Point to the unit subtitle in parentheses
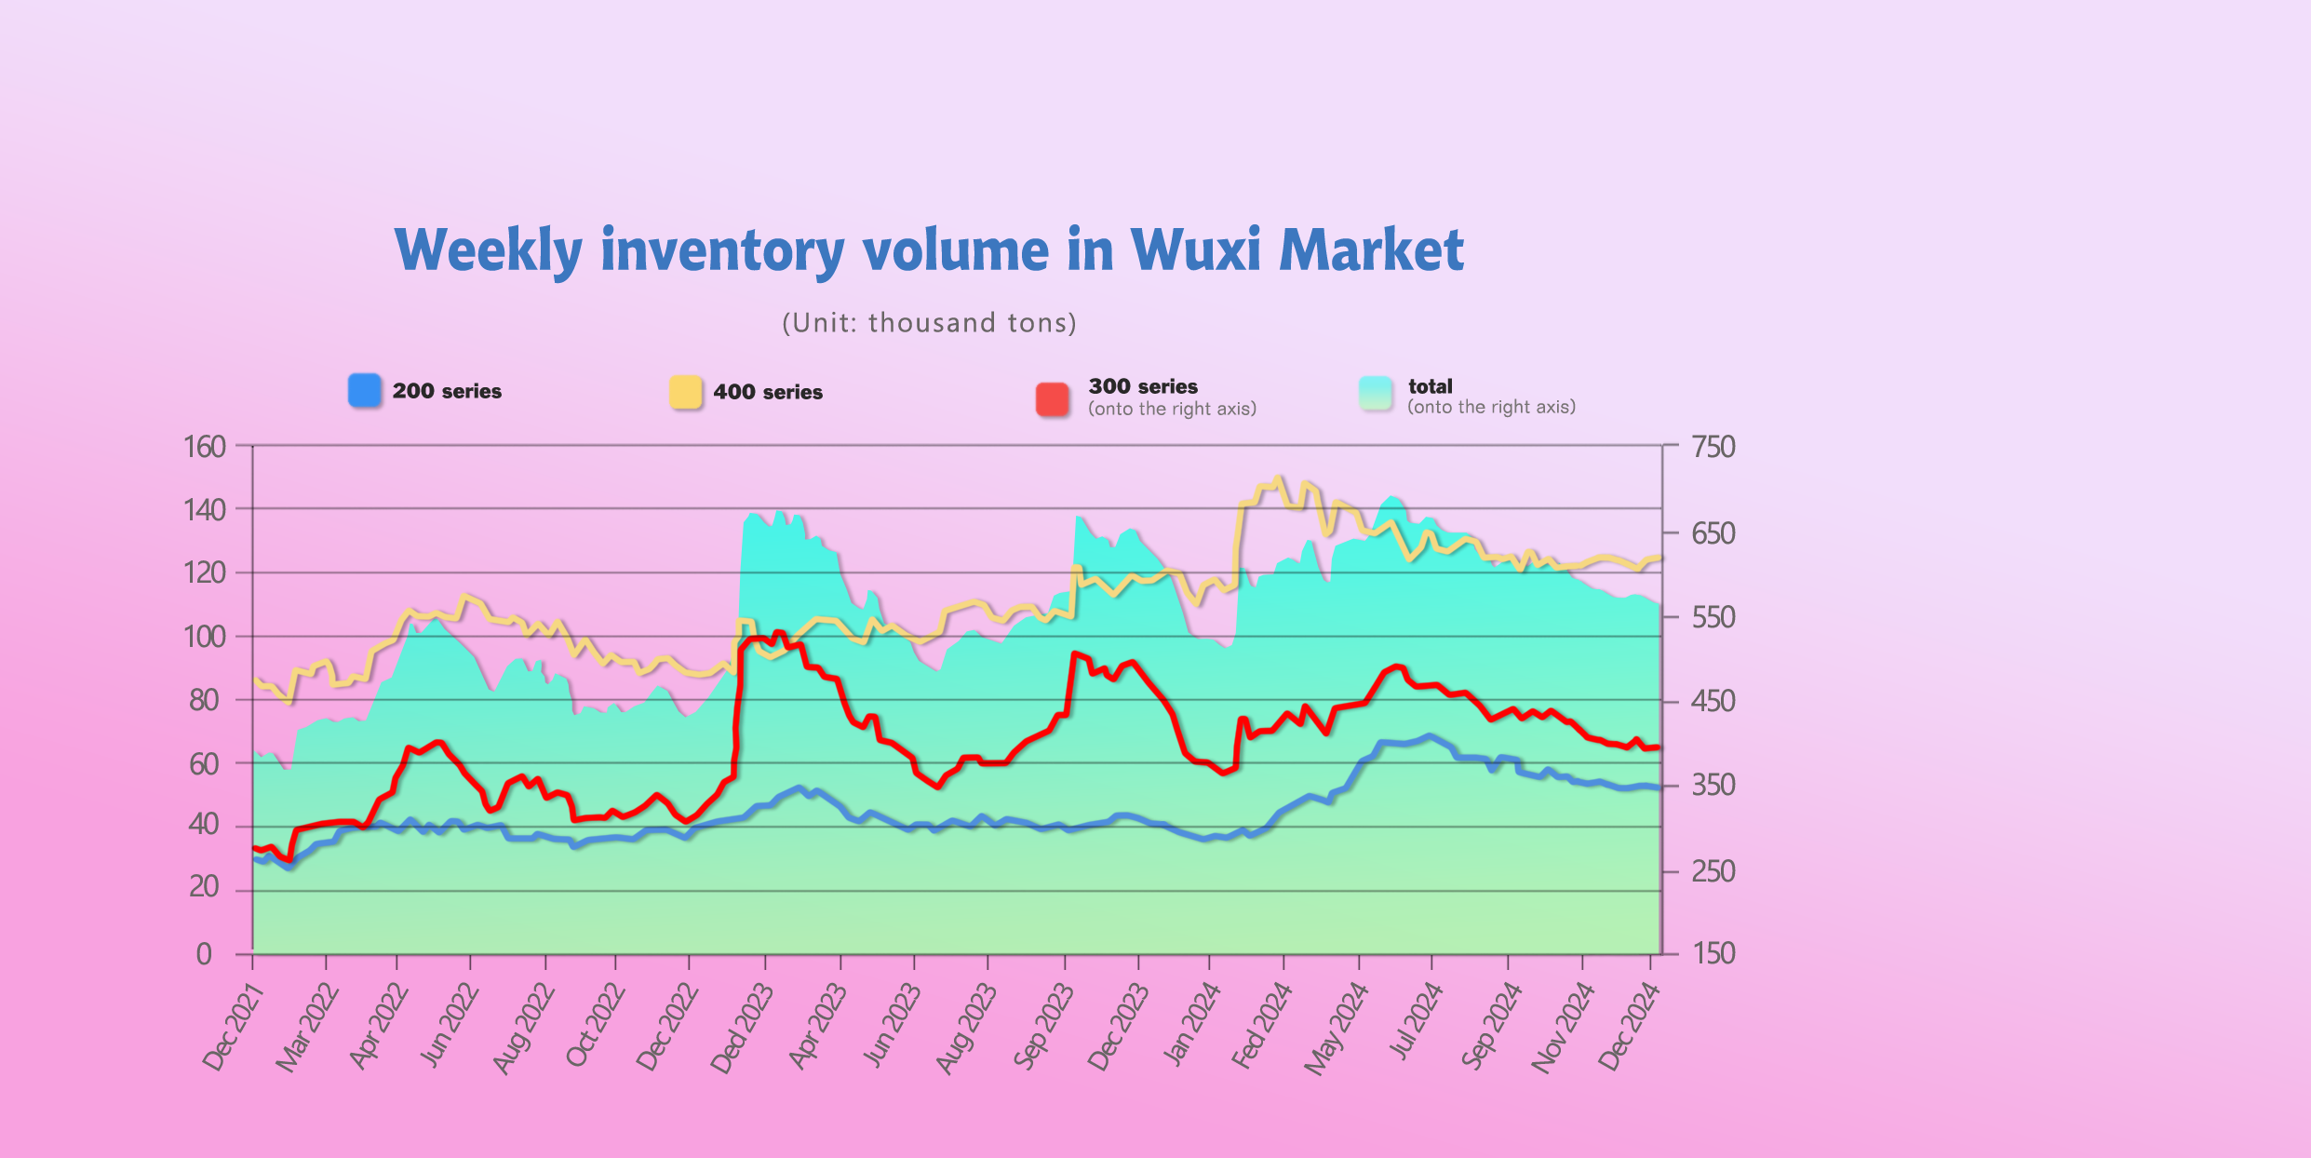[929, 323]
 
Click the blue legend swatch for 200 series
[365, 390]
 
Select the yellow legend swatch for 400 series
[686, 392]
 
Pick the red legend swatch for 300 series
[1053, 399]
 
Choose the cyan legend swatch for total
[1376, 394]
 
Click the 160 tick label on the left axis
[205, 447]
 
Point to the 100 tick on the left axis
[205, 637]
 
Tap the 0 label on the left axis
[204, 954]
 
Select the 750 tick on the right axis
[1713, 447]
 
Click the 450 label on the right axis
[1713, 700]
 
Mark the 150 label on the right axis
[1713, 953]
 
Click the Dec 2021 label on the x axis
[234, 1028]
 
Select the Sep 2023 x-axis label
[1043, 1028]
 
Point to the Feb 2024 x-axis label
[1262, 1026]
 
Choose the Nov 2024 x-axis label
[1563, 1028]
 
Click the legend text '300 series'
[1143, 386]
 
